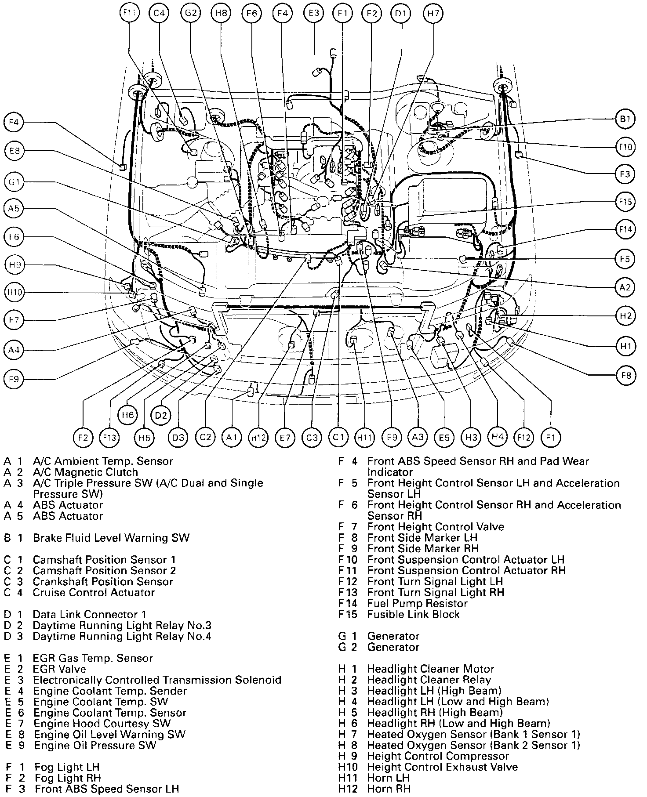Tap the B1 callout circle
(x=625, y=119)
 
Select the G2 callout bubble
(x=191, y=13)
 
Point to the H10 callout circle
(x=15, y=292)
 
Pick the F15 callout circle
(x=625, y=202)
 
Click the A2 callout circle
(x=625, y=288)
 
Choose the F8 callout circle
(x=625, y=375)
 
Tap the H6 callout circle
(x=128, y=415)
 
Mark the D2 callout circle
(x=161, y=415)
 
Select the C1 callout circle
(x=338, y=437)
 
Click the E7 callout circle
(x=285, y=438)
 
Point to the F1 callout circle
(x=551, y=437)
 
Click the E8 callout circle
(x=15, y=151)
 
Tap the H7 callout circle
(x=433, y=13)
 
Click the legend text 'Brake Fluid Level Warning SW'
(x=111, y=538)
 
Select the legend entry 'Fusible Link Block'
(x=413, y=614)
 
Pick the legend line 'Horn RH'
(x=389, y=789)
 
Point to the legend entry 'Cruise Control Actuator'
(x=94, y=592)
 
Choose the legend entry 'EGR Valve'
(x=59, y=669)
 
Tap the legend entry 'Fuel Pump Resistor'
(x=417, y=603)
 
